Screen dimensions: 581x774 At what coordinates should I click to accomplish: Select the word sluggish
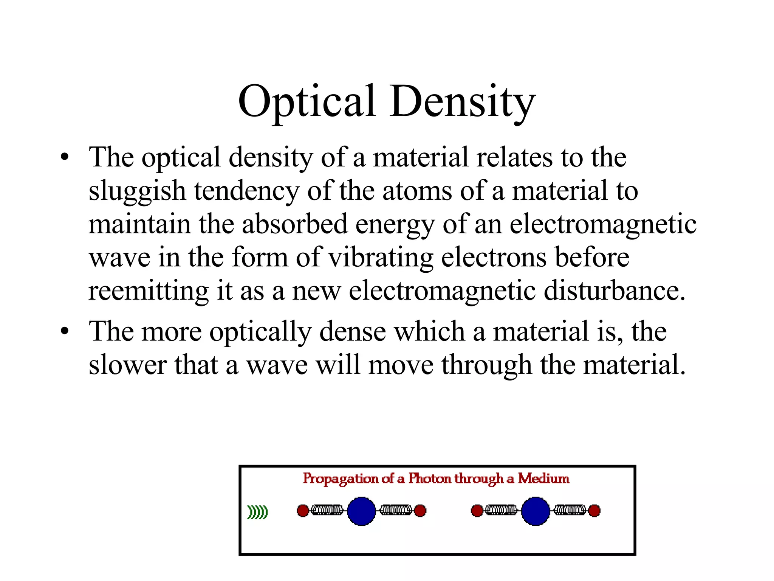pyautogui.click(x=137, y=191)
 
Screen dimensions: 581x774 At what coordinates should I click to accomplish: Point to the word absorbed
pyautogui.click(x=294, y=224)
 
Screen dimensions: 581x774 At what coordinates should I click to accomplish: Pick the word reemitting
pyautogui.click(x=148, y=291)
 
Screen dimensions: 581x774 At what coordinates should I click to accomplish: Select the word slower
pyautogui.click(x=127, y=365)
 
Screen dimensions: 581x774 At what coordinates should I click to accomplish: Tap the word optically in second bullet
pyautogui.click(x=260, y=332)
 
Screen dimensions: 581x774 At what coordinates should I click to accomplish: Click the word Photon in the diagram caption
pyautogui.click(x=430, y=478)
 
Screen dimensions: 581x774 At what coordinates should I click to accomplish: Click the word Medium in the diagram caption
pyautogui.click(x=543, y=478)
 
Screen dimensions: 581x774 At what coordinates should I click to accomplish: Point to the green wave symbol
pyautogui.click(x=257, y=512)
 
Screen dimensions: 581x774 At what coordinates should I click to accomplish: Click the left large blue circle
pyautogui.click(x=361, y=511)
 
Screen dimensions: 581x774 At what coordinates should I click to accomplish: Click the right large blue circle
pyautogui.click(x=536, y=511)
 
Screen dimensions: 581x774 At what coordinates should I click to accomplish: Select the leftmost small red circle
pyautogui.click(x=303, y=511)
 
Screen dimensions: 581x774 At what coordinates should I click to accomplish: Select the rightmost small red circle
pyautogui.click(x=594, y=511)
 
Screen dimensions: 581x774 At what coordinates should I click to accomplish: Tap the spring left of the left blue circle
pyautogui.click(x=327, y=510)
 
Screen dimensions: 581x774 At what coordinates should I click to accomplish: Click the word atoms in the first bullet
pyautogui.click(x=417, y=191)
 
